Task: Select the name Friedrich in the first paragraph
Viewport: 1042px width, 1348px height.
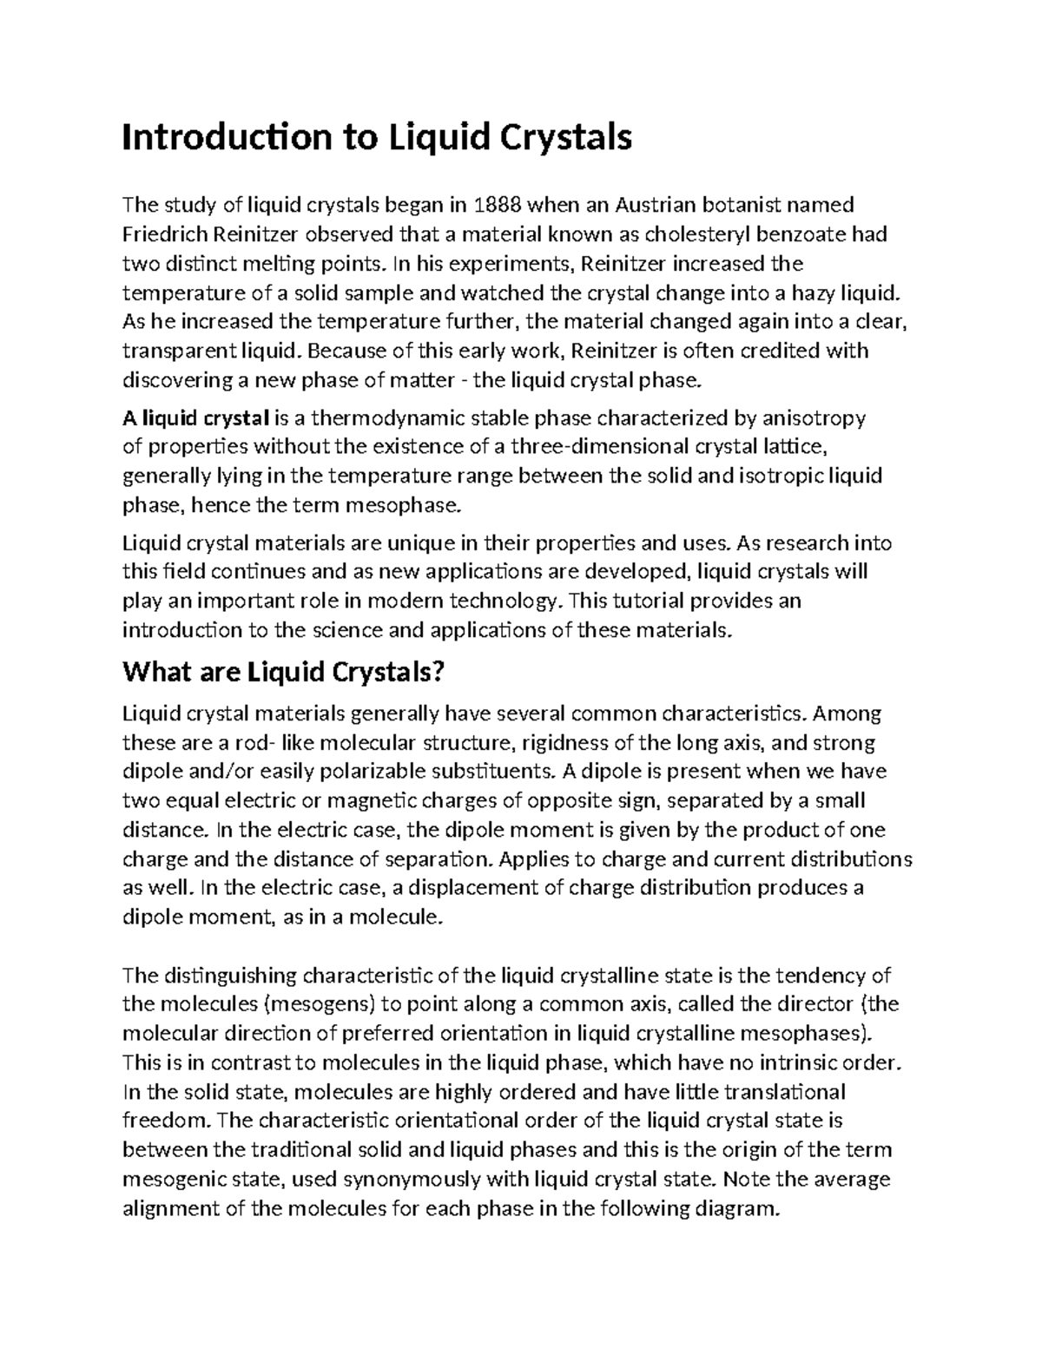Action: click(162, 234)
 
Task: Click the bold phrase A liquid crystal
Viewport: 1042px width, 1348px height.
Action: click(196, 418)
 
